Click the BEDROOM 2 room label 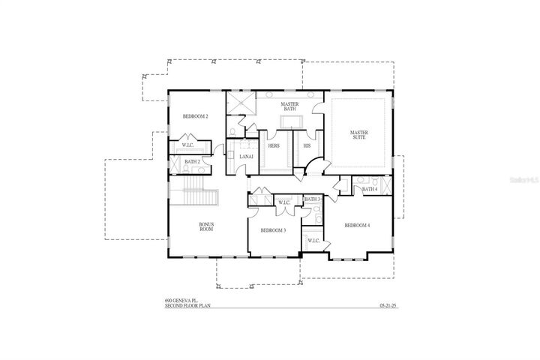point(195,117)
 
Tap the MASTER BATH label point(290,106)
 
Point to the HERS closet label point(274,145)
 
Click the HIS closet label point(307,145)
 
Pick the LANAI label point(246,156)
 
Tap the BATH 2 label point(191,161)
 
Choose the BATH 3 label point(313,199)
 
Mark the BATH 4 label point(369,189)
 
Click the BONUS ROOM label point(206,226)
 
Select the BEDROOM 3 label point(273,230)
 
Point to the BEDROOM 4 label point(357,225)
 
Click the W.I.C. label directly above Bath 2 point(188,145)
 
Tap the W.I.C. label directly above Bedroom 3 point(284,202)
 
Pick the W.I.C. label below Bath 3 point(313,240)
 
